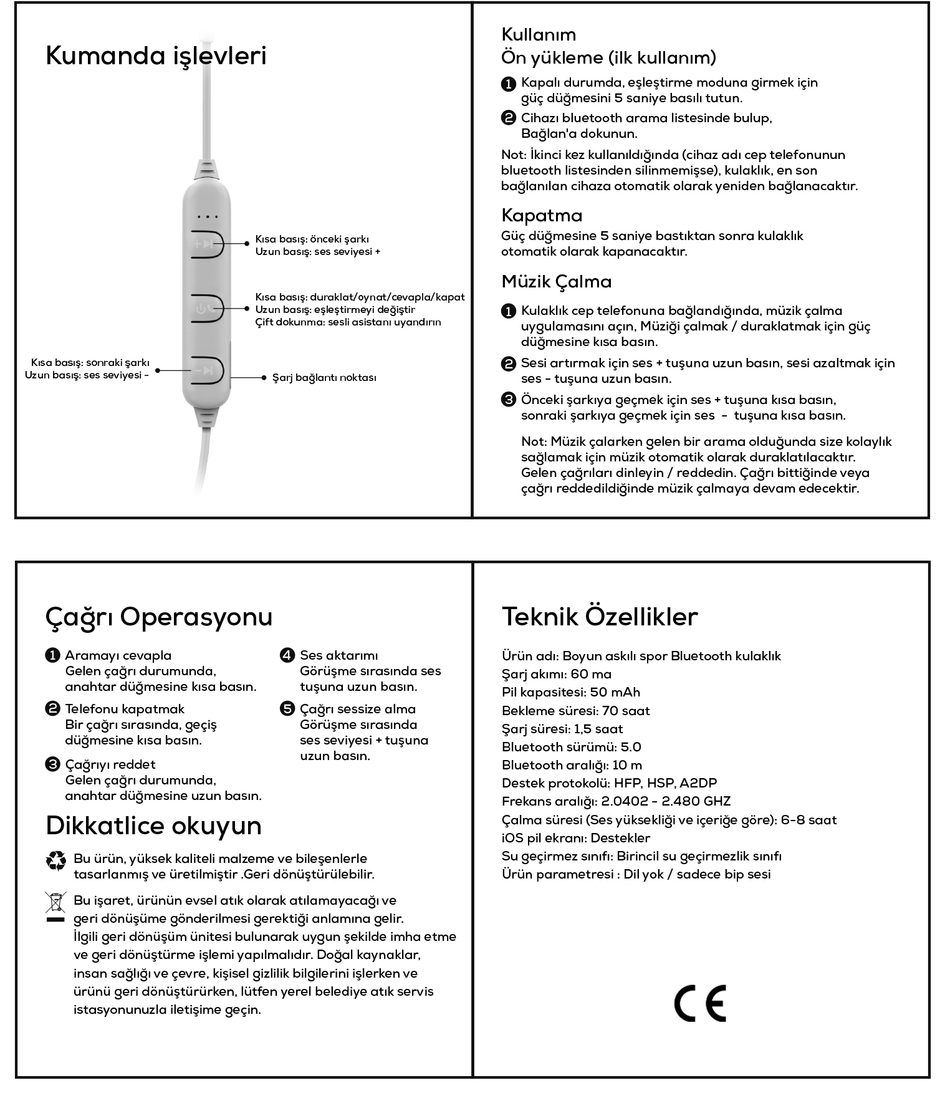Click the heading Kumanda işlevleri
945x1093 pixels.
[156, 55]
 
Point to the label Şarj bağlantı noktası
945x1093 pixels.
[324, 378]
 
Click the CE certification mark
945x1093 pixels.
[700, 1003]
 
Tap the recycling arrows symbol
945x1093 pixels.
[56, 861]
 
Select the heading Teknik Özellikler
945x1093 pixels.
[599, 617]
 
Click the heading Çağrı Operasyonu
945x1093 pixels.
[159, 617]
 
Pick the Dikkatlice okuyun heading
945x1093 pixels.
[153, 826]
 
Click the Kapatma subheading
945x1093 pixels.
[542, 216]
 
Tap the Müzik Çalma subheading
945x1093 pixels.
[556, 282]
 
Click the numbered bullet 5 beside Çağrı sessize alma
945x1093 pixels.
[287, 709]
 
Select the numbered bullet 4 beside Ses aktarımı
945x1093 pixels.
[287, 655]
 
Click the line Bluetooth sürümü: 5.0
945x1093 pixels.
[571, 747]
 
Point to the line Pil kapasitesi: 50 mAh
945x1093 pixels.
[570, 693]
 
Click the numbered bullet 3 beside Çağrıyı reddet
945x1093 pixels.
[52, 764]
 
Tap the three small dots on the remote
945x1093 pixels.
[207, 217]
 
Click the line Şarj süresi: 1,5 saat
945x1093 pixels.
[562, 729]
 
